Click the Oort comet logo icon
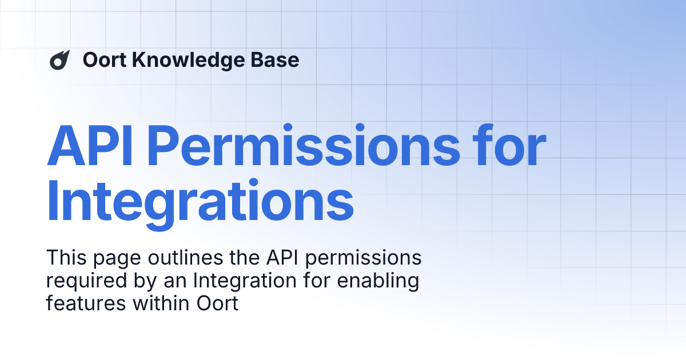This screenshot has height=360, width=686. pos(59,60)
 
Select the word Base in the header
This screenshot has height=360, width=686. pos(278,60)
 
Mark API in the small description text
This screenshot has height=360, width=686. pos(277,258)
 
